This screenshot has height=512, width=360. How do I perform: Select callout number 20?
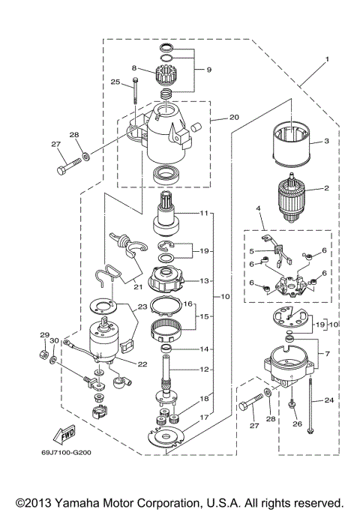point(213,117)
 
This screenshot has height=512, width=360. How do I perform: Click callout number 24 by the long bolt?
point(328,400)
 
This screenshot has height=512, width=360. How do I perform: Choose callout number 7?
point(324,352)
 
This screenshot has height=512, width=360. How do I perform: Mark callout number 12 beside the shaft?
point(204,369)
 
